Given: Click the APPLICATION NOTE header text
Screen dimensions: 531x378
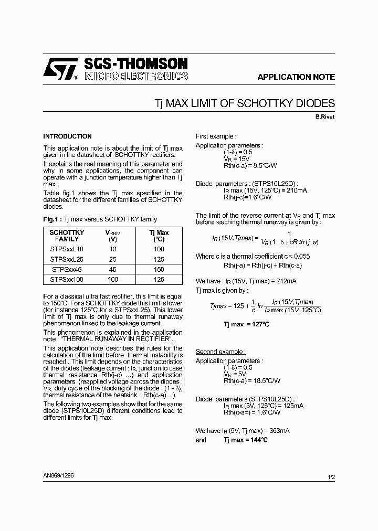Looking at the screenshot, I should click(x=296, y=77).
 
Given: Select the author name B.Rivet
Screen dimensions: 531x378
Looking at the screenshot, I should click(x=324, y=116).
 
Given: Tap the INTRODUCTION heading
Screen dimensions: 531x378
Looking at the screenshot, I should click(x=67, y=136).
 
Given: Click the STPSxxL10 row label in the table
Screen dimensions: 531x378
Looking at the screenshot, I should click(x=67, y=249).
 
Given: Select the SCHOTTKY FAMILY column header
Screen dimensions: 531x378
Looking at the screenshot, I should click(x=67, y=235).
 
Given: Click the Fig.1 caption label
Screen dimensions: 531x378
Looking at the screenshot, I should click(x=52, y=219).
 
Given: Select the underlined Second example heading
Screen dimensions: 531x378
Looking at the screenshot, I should click(x=220, y=352).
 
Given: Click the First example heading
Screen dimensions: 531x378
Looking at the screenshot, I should click(x=216, y=136).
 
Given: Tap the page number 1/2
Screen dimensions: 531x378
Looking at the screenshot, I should click(x=331, y=477).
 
